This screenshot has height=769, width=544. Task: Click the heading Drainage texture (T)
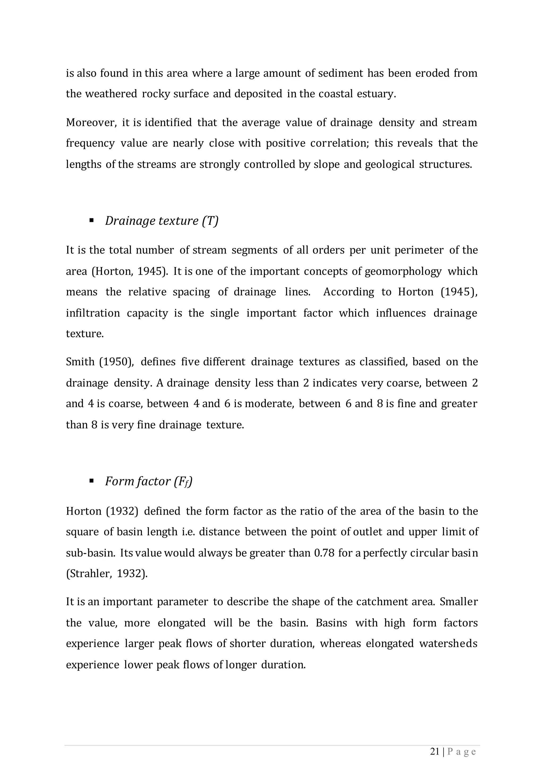click(161, 221)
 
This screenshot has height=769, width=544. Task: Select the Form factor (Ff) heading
click(149, 482)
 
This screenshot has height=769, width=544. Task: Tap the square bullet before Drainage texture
click(91, 220)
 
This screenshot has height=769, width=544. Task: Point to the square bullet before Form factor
click(91, 481)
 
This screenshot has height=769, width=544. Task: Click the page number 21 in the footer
click(435, 752)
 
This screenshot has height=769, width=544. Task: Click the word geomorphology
click(403, 271)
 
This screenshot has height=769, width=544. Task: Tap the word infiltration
click(93, 313)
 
